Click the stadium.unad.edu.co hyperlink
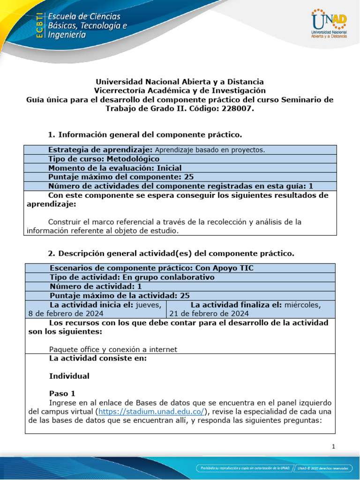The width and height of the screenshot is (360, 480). [151, 411]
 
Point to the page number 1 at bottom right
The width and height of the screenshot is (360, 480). [333, 447]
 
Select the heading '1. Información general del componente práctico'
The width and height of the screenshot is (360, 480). [145, 135]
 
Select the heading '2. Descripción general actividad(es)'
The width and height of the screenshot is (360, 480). [172, 254]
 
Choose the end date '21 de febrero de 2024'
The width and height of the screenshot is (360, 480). [209, 314]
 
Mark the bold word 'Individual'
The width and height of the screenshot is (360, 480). [69, 376]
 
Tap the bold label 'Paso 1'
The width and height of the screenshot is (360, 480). [62, 393]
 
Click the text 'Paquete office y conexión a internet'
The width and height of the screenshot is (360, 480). [113, 349]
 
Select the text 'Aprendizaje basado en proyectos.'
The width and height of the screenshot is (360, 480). [210, 150]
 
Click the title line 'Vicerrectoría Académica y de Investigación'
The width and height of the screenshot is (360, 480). [180, 90]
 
